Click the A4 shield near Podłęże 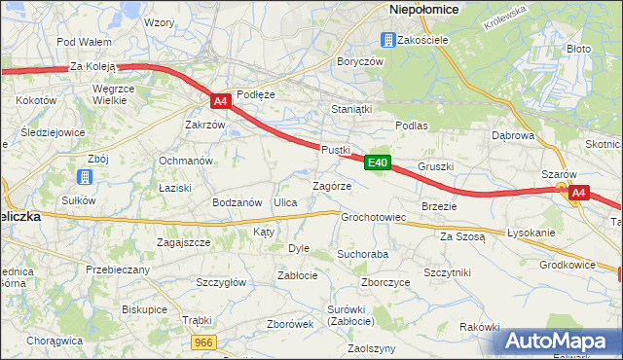220,100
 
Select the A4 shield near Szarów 578,193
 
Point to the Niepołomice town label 424,9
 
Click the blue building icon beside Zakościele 387,40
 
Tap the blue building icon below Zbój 85,177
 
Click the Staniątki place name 351,109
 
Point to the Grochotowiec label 373,217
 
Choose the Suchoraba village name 362,254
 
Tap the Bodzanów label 238,202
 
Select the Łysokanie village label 531,233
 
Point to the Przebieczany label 117,270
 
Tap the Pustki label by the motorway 335,149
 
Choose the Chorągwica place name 55,341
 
